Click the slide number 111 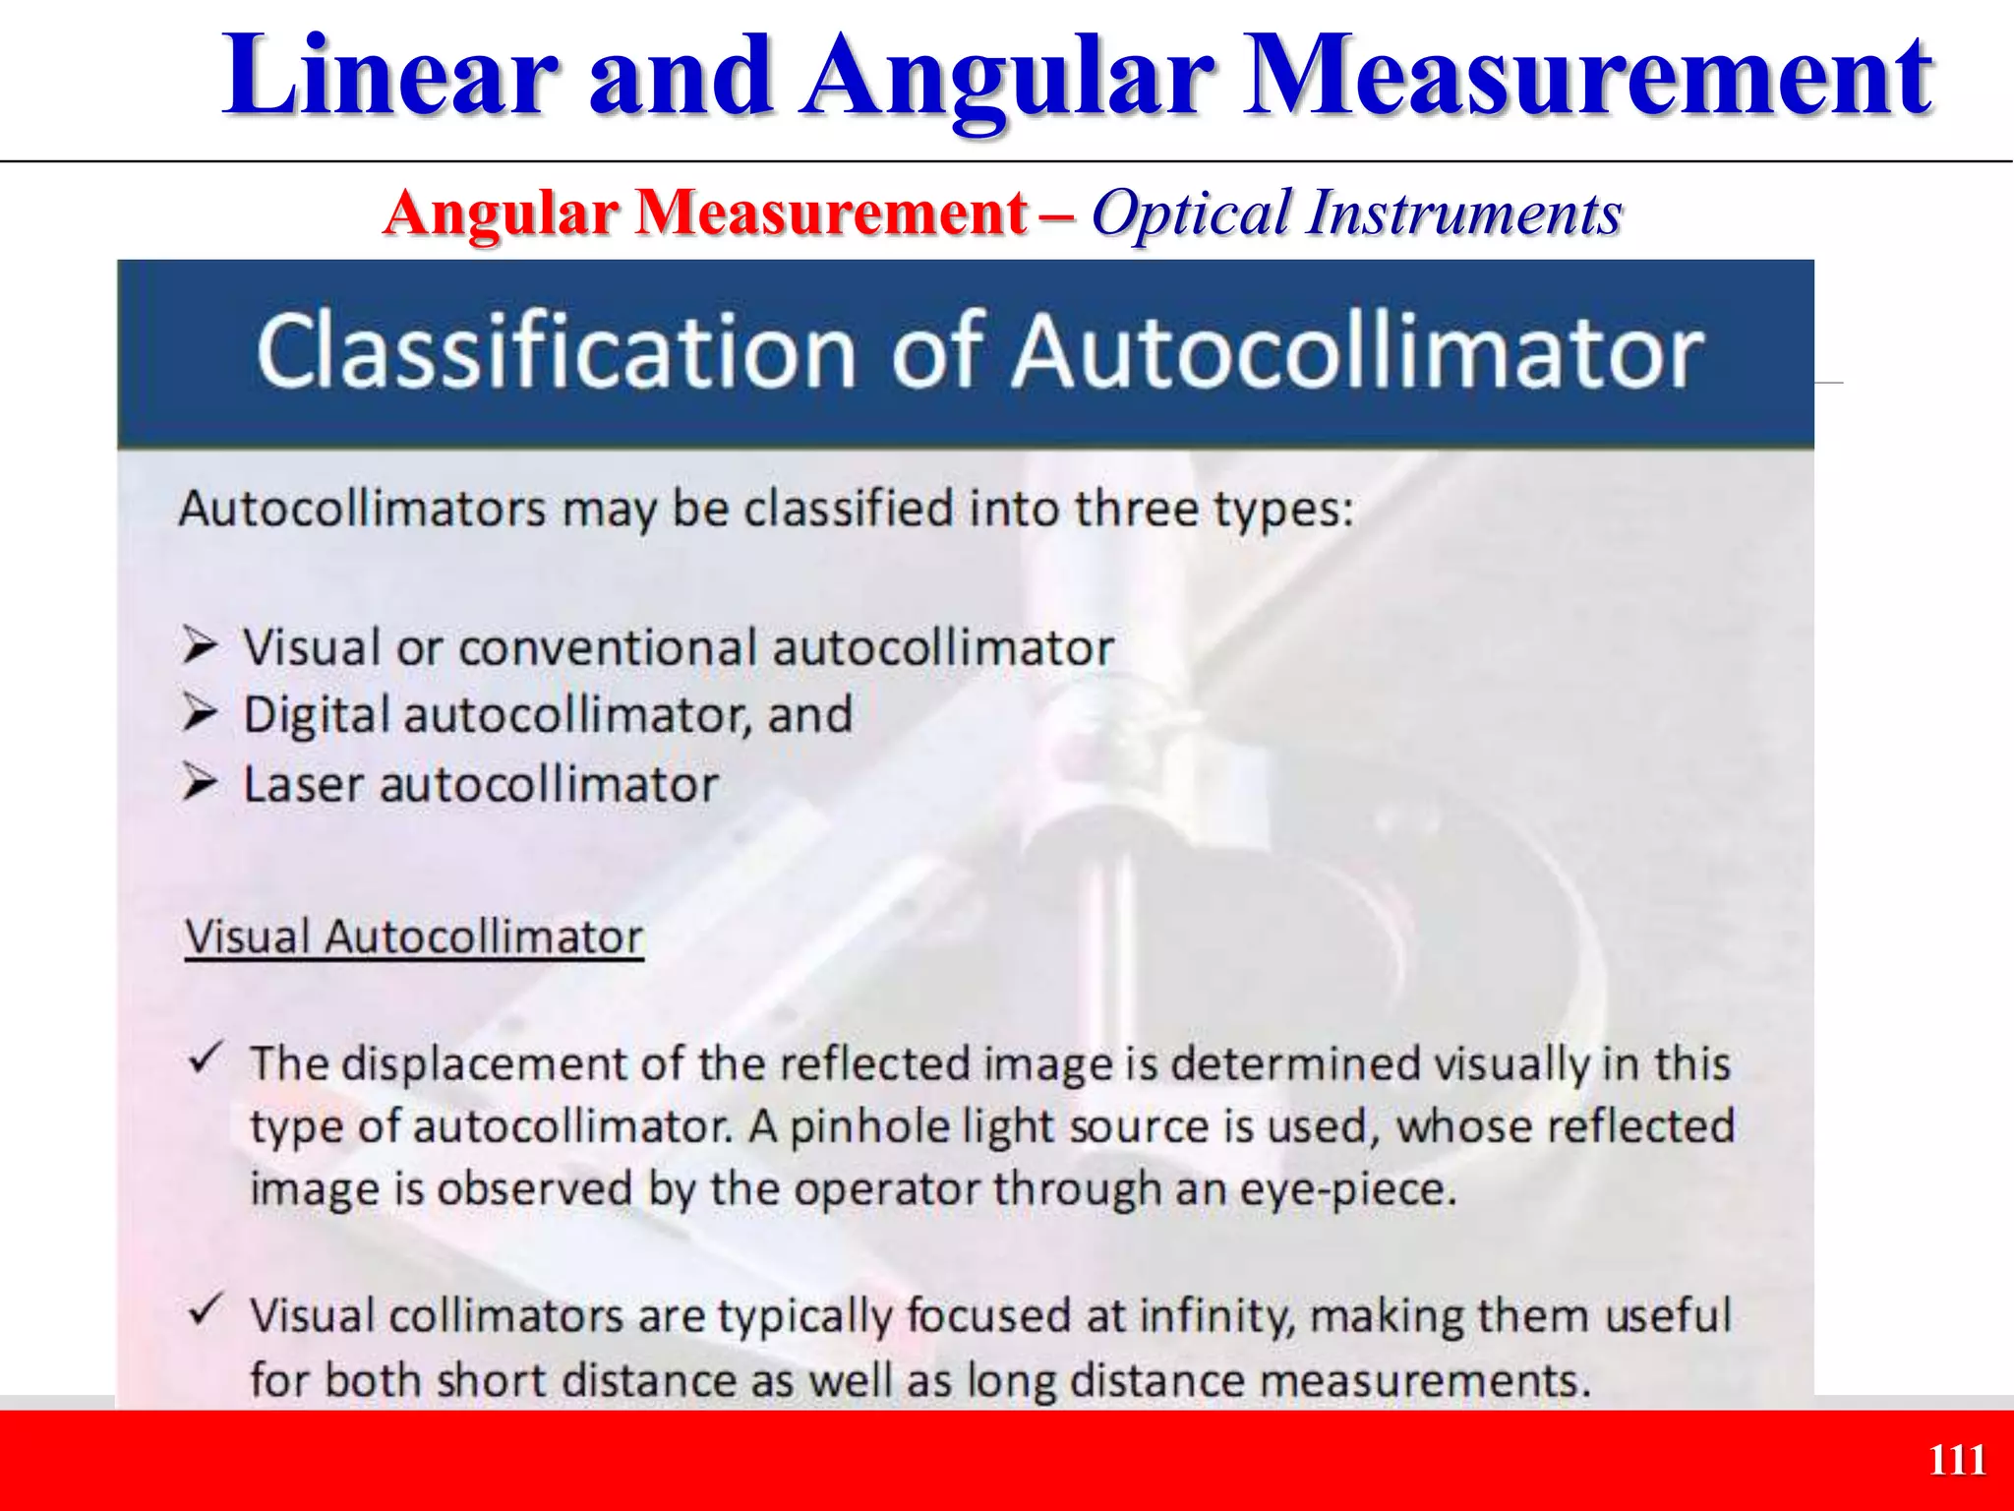tap(1957, 1460)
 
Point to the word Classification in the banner tap(555, 351)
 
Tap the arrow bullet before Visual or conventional tap(200, 646)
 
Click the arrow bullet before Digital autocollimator tap(200, 713)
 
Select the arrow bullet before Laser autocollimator tap(200, 784)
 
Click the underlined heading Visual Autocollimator tap(414, 937)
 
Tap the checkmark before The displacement tap(206, 1058)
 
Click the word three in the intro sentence tap(1135, 510)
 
